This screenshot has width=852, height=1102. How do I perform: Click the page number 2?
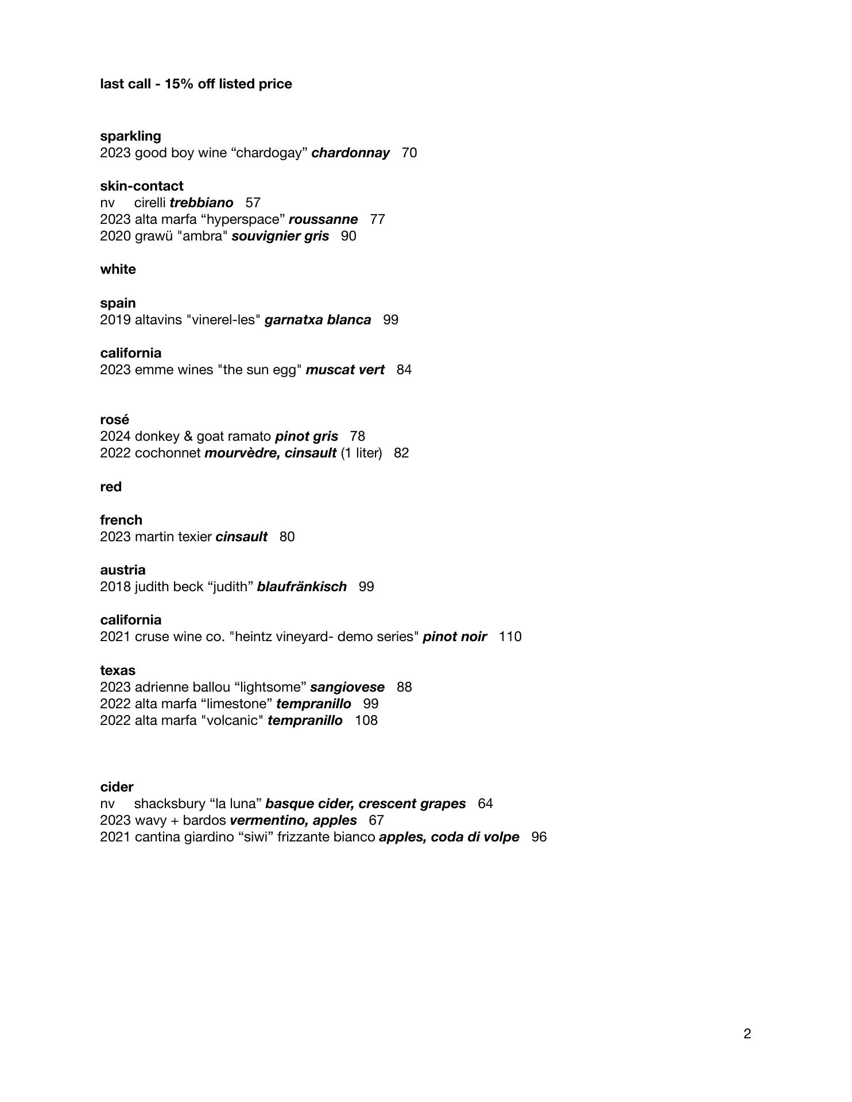click(x=747, y=1034)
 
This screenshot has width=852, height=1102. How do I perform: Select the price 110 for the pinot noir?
click(x=510, y=637)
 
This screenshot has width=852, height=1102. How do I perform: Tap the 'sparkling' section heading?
click(x=130, y=136)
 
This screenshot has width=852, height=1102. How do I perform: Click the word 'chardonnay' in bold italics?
click(x=350, y=153)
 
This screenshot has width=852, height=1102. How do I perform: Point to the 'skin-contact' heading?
click(x=142, y=186)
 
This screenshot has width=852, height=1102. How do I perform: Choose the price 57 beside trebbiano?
click(x=253, y=203)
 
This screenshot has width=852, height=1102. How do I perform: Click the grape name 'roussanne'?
click(x=323, y=219)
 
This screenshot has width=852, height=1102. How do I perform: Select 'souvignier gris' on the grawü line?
click(x=280, y=236)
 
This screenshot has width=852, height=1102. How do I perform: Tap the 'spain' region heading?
click(x=118, y=303)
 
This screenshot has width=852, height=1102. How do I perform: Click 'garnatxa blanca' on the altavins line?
click(x=317, y=320)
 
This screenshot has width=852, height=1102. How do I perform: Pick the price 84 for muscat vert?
click(x=404, y=370)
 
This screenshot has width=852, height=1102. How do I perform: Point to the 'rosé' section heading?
click(x=114, y=420)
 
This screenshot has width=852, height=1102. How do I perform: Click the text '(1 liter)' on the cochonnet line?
click(x=361, y=453)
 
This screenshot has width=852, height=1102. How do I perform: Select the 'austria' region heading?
click(x=123, y=570)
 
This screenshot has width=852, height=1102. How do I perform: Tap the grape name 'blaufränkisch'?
click(x=302, y=587)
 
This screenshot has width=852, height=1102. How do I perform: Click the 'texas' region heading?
click(x=118, y=670)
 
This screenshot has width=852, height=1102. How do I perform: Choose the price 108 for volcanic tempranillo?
click(x=366, y=720)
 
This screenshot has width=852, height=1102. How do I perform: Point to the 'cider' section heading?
click(x=117, y=787)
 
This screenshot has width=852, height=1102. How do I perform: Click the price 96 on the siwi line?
click(x=539, y=837)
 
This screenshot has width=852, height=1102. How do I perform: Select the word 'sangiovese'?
click(x=347, y=687)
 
